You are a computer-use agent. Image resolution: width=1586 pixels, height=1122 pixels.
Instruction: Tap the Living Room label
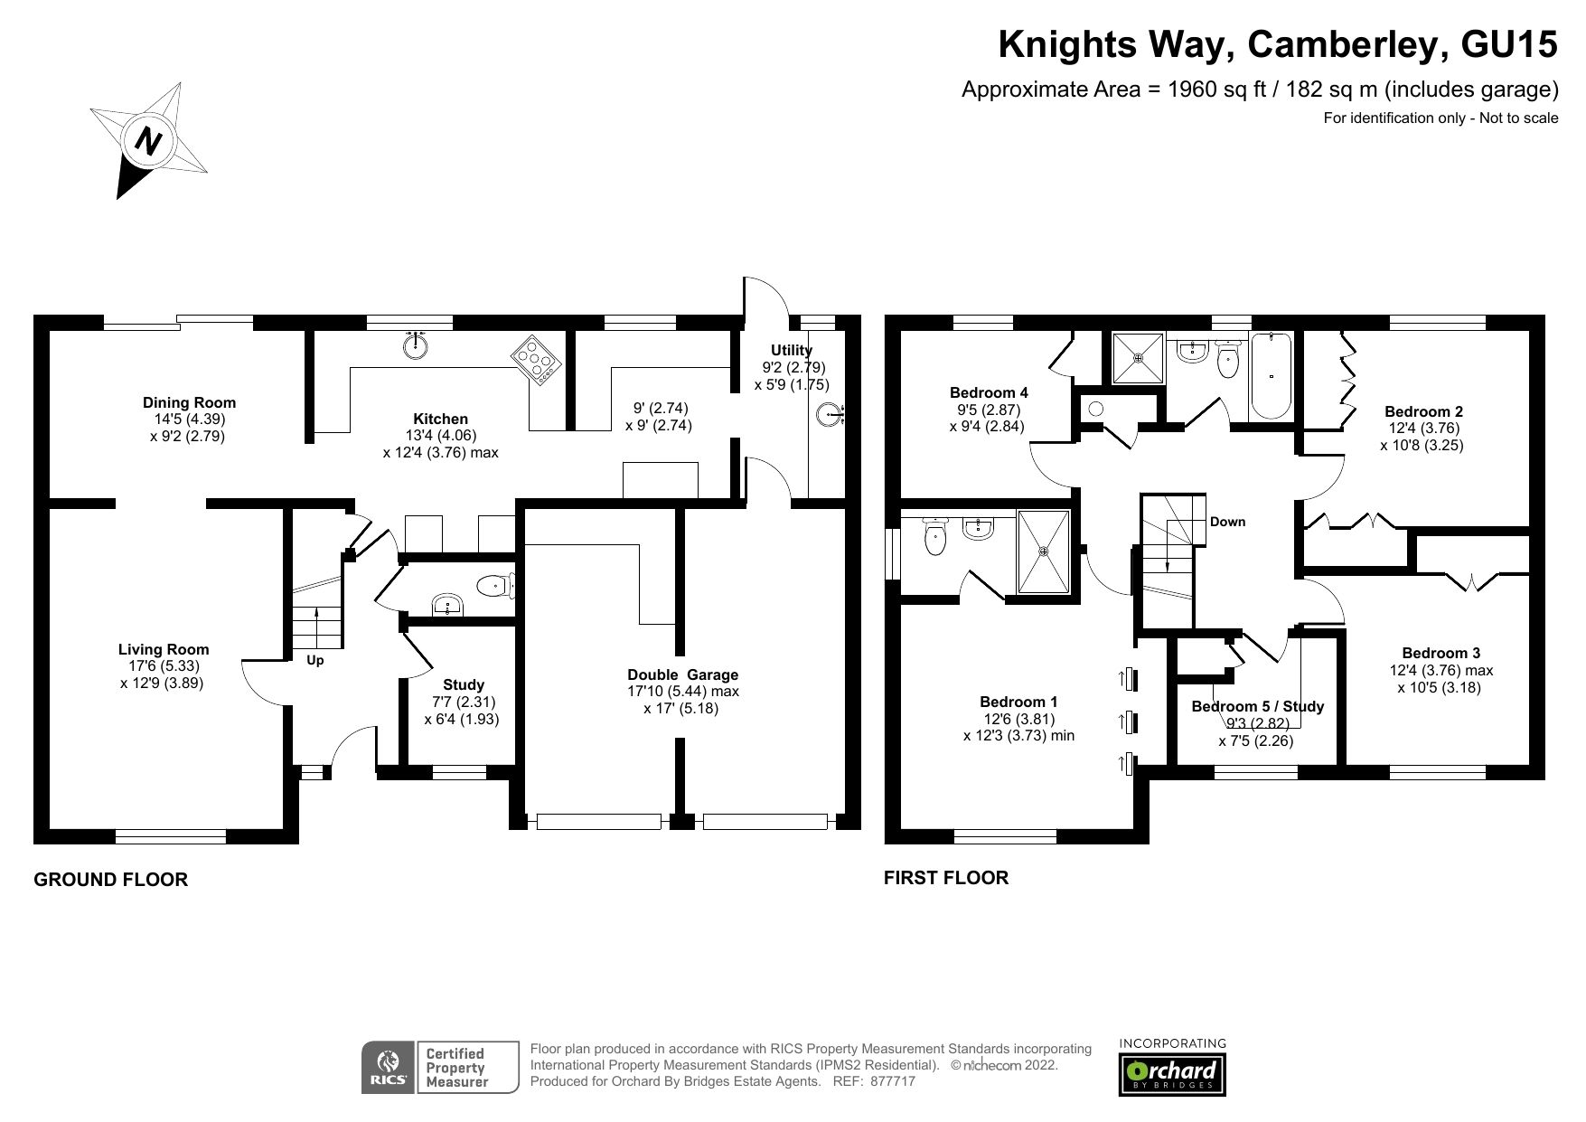[164, 649]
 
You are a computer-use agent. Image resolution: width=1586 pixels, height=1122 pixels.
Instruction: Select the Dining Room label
[189, 402]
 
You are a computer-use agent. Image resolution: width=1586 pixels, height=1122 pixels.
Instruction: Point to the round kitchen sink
[416, 345]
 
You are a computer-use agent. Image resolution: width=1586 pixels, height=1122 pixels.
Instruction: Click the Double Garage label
[683, 674]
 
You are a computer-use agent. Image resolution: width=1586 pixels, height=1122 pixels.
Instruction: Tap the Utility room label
[792, 350]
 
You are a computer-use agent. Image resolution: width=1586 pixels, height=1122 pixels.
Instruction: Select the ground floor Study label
[464, 684]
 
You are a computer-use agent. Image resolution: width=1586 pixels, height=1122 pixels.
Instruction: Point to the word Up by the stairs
[314, 661]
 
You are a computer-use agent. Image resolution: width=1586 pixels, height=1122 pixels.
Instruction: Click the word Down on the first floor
[1227, 522]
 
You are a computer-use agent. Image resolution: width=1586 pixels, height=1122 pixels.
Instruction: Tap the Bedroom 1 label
[1018, 702]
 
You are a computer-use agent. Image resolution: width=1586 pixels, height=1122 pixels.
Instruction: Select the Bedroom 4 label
[989, 392]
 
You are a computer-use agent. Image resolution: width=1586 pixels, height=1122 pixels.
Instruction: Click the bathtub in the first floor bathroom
[1272, 376]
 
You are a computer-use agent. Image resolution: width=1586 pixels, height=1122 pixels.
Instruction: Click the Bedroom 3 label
[1441, 653]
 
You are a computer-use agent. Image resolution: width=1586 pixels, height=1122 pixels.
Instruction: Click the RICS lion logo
[389, 1068]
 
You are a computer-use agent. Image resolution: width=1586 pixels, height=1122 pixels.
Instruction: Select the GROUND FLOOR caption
[110, 880]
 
